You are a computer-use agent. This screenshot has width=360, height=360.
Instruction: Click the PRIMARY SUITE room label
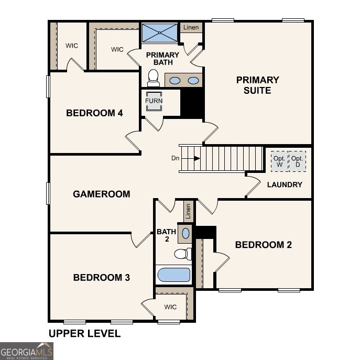257,85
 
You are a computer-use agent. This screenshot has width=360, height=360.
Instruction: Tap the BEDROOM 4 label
94,113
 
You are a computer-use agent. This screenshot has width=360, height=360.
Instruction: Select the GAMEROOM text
101,194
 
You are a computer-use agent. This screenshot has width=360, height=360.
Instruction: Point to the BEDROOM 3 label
101,277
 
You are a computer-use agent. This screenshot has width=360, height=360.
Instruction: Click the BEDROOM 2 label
263,245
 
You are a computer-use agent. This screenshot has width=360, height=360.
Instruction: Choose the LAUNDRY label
285,184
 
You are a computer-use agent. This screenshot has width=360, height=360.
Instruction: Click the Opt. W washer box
279,162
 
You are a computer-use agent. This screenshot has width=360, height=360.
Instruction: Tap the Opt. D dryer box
298,162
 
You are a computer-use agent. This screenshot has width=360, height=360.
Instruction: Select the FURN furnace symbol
154,101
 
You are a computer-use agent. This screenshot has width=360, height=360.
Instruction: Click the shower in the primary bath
160,33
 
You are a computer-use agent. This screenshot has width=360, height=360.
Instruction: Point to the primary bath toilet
153,79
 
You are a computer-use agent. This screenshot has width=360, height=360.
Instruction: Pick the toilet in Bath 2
181,254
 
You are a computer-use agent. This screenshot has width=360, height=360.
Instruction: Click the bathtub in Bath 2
173,275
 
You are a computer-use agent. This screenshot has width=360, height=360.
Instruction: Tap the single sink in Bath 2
186,233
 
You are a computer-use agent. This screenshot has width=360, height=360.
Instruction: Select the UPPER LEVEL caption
84,333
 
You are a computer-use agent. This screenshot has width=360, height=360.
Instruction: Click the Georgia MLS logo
26,351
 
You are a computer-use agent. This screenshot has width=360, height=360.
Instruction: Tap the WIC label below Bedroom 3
170,307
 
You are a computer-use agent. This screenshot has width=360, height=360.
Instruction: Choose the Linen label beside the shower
191,27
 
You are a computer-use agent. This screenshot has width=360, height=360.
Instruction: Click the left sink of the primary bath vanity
175,81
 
